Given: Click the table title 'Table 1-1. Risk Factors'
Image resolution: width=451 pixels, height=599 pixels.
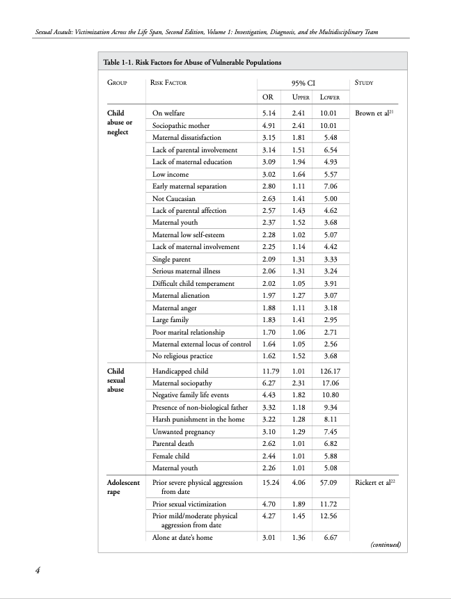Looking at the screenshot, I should click(192, 63).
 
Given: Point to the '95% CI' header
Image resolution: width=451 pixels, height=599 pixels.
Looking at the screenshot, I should click(304, 83).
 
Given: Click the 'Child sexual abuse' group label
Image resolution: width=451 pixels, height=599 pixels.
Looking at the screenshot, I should click(116, 381).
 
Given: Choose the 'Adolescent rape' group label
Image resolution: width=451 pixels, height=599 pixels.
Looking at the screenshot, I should click(123, 486).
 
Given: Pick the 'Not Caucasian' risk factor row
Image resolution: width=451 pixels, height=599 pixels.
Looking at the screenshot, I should click(174, 198).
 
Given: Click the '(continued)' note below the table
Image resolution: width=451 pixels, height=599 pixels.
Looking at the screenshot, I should click(384, 545).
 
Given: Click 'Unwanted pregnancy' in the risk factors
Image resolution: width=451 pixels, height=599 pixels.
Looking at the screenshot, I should click(184, 432).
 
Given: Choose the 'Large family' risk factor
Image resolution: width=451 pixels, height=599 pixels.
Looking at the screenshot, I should click(171, 319).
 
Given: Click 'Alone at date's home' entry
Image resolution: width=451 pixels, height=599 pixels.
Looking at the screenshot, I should click(182, 537).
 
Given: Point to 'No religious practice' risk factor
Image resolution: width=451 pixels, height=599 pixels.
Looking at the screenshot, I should click(182, 356).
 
